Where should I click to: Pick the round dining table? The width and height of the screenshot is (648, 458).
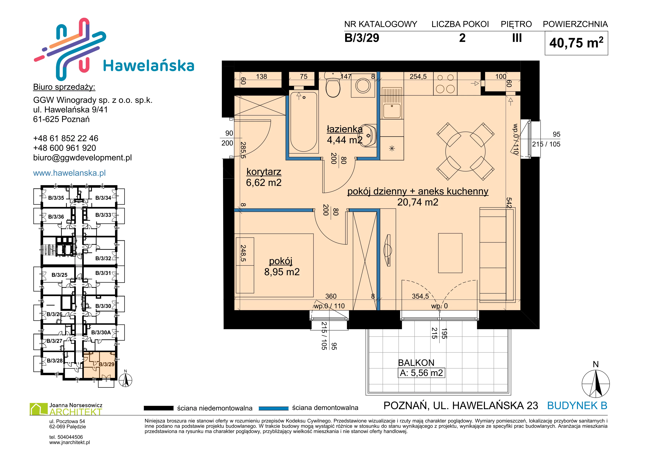465,151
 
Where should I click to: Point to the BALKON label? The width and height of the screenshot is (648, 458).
416,363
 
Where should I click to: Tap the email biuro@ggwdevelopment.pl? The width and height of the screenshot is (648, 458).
82,158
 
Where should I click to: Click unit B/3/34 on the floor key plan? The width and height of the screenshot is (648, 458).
103,198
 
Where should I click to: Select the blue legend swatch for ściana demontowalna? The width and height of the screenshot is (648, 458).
273,408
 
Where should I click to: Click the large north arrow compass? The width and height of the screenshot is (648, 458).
596,384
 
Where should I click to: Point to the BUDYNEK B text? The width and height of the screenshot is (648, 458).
577,406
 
